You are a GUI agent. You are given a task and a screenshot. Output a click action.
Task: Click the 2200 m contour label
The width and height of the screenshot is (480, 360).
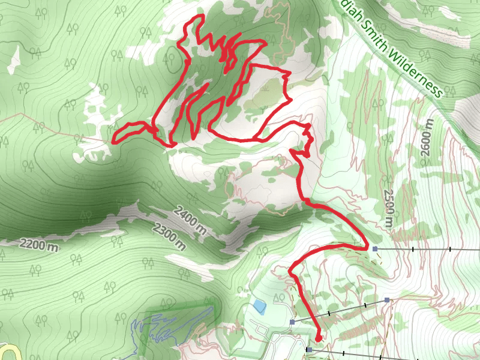coord(38,244)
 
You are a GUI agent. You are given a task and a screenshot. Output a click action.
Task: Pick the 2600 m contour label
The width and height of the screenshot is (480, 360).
coord(427,137)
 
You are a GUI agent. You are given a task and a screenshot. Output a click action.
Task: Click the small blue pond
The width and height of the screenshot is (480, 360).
coord(259,307)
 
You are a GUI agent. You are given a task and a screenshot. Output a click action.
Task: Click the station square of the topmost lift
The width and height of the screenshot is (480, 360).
coord(375,248)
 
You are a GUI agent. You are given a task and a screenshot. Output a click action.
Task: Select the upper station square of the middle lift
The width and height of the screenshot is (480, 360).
coord(387,299)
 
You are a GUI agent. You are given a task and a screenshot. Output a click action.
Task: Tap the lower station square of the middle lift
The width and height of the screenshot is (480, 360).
coord(292,322)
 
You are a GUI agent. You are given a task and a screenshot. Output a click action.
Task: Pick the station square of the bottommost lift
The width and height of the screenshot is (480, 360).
coord(309,349)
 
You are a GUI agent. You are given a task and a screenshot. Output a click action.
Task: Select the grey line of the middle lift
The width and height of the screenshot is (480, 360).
coord(340,311)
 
